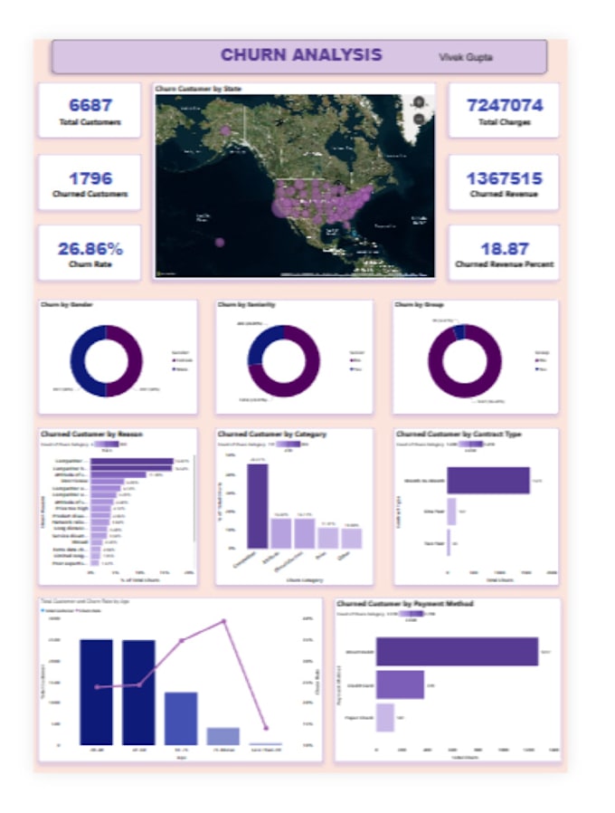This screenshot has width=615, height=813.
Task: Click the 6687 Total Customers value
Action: click(89, 105)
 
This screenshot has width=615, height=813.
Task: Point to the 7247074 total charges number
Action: click(505, 105)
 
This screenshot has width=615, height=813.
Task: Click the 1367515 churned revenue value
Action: click(505, 177)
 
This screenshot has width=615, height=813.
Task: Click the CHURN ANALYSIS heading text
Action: click(301, 55)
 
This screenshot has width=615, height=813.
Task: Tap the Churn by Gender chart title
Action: click(67, 305)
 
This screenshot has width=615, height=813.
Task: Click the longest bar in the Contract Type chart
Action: click(488, 481)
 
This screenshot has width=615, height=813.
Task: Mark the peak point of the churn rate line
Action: click(222, 621)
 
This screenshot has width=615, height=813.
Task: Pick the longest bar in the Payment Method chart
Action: click(457, 652)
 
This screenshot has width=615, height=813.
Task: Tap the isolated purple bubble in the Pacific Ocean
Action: click(220, 243)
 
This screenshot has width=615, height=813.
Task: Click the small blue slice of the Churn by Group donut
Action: click(459, 331)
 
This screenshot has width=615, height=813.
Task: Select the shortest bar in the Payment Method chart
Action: click(384, 717)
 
